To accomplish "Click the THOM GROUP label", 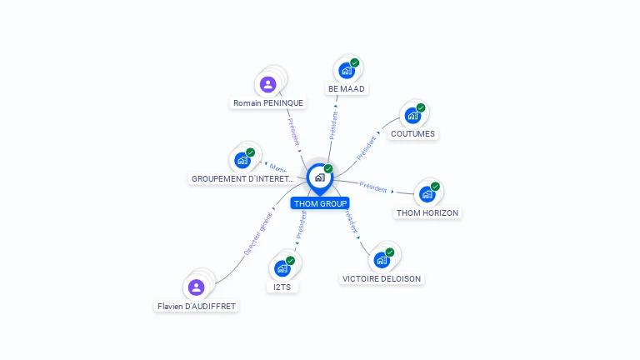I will tap(320, 203).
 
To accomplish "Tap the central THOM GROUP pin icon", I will tap(319, 177).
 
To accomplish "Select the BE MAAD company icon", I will tap(347, 71).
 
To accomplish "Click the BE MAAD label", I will tap(347, 88).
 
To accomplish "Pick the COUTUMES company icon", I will tap(412, 115).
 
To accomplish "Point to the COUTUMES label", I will tap(412, 133).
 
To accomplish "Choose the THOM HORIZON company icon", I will tap(427, 194).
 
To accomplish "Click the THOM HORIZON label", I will tap(427, 212).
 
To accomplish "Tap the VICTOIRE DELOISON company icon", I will tap(382, 260).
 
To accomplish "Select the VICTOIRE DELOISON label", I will tap(382, 278).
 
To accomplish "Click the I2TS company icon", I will tap(282, 268).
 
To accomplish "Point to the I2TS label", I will tap(282, 287).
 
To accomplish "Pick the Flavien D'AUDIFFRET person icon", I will tap(196, 287).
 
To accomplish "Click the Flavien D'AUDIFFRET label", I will tap(197, 306).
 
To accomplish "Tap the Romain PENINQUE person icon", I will tap(267, 84).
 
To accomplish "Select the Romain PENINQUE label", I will tap(268, 102).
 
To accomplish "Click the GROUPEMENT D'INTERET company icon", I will tap(242, 160).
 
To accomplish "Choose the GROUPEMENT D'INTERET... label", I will tap(242, 178).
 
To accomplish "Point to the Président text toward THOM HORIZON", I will tap(373, 187).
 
